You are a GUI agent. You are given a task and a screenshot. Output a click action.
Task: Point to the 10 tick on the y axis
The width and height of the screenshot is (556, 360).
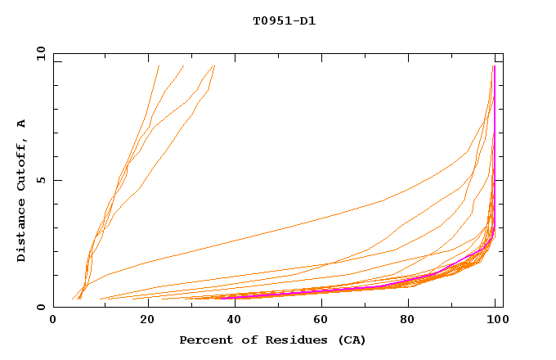(x=40, y=54)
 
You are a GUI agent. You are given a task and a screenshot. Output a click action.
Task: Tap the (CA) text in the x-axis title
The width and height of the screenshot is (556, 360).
(x=352, y=340)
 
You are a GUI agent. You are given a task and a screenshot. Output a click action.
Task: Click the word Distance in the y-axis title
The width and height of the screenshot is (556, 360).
(x=22, y=233)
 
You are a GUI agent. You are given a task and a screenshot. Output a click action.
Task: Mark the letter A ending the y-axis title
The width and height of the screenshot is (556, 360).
(x=22, y=124)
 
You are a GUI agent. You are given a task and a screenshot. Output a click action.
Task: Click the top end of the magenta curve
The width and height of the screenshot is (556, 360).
(x=494, y=66)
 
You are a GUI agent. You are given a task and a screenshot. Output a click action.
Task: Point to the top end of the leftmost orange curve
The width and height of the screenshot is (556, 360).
(x=159, y=66)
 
